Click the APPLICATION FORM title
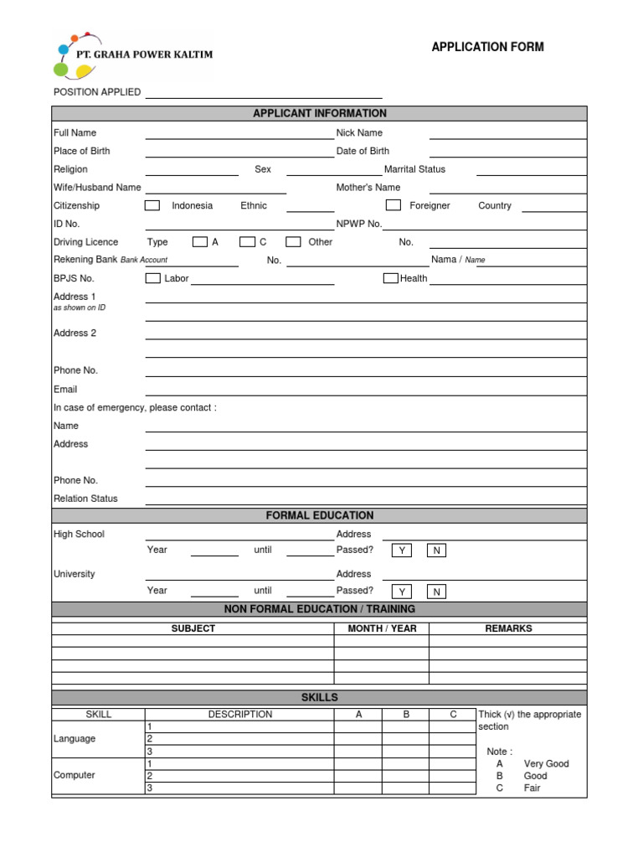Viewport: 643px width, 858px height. (487, 47)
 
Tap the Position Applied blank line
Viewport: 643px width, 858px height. (264, 94)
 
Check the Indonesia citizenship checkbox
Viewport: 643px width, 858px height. (152, 205)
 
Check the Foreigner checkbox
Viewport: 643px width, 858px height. (393, 205)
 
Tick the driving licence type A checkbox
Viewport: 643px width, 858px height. (199, 242)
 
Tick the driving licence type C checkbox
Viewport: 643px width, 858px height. (247, 242)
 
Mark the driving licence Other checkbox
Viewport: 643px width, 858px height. (293, 242)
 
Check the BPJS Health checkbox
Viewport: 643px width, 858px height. (390, 278)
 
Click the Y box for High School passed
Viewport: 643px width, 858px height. (402, 550)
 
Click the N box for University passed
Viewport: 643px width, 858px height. (436, 591)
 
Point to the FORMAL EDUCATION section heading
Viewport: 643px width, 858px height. (320, 515)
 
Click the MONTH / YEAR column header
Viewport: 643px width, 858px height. (382, 628)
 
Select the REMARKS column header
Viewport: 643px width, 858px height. (508, 628)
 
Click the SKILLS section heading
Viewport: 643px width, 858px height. (320, 697)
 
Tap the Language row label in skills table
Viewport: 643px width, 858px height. (75, 739)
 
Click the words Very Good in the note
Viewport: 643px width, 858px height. (546, 764)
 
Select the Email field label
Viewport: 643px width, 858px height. (65, 389)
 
